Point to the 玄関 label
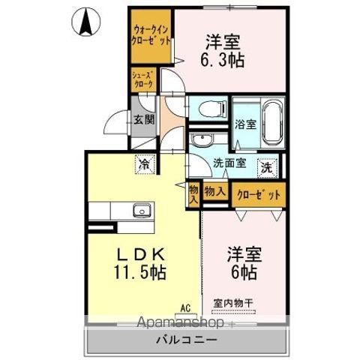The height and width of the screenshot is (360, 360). tap(143, 118)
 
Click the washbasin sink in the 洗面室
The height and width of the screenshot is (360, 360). tap(202, 141)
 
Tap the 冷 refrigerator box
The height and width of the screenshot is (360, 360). tap(142, 162)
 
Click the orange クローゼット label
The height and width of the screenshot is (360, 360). tap(259, 194)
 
